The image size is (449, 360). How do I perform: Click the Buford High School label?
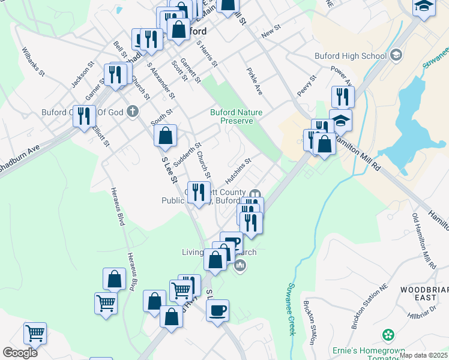(x=351, y=56)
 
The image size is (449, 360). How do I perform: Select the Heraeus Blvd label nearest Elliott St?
(x=117, y=207)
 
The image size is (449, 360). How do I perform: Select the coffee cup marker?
(x=217, y=311)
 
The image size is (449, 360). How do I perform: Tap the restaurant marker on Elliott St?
(x=85, y=115)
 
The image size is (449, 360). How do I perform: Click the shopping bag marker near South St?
(x=165, y=136)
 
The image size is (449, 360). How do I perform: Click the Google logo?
(x=20, y=353)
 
